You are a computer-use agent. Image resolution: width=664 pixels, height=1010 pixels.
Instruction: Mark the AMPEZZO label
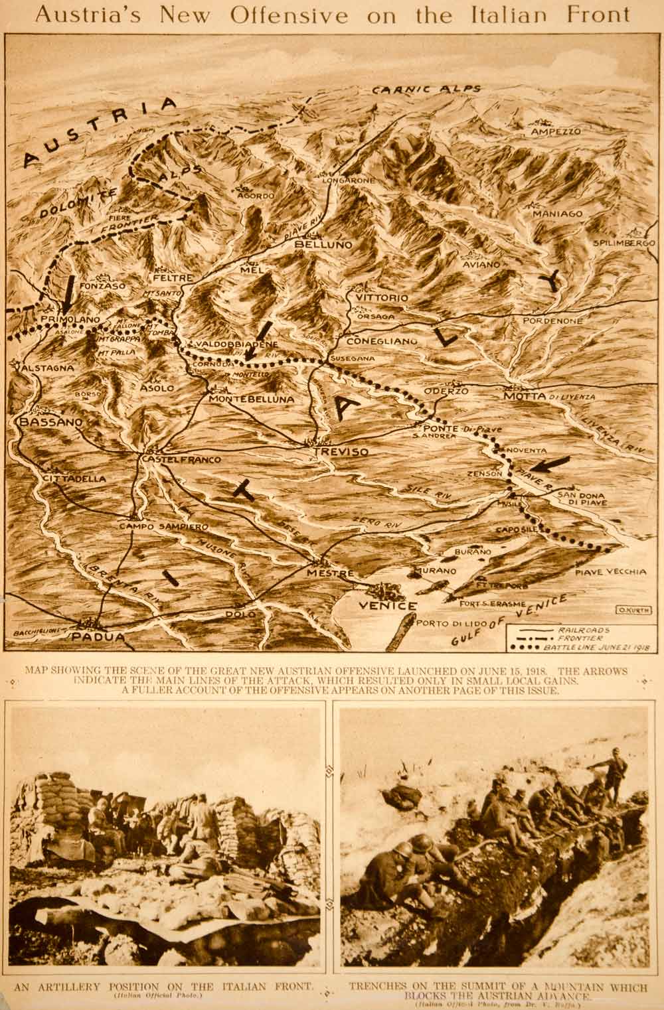[x=556, y=132]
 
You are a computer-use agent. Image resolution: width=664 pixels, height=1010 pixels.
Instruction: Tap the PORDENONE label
[x=552, y=321]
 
